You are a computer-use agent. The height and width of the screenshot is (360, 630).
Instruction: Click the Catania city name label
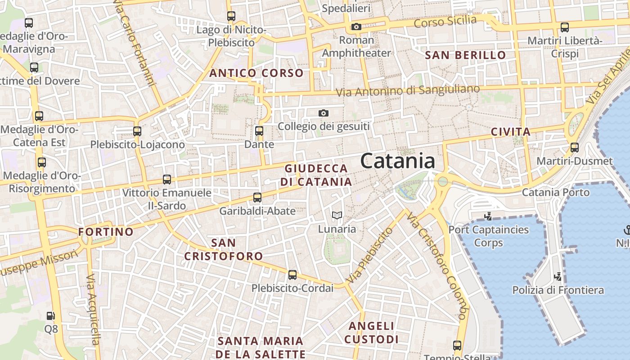[x=398, y=161]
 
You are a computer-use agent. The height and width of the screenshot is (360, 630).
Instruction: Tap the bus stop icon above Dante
[x=259, y=131]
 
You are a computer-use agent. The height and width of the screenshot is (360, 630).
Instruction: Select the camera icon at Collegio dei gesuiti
[x=323, y=113]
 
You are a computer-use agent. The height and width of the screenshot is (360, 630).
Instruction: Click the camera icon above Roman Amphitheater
[x=356, y=27]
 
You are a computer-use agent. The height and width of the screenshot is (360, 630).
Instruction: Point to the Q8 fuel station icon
[x=51, y=316]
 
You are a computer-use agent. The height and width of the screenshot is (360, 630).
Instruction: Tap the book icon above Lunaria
[x=337, y=216]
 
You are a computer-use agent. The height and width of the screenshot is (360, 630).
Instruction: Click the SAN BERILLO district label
[x=466, y=55]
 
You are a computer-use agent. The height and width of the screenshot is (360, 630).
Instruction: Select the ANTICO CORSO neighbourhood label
[x=256, y=73]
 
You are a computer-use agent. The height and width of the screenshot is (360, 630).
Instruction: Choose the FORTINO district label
[x=106, y=232]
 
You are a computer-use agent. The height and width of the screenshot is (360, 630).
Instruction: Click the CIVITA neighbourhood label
[x=510, y=132]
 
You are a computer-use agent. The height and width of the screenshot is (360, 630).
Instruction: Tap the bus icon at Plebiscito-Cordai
[x=292, y=274]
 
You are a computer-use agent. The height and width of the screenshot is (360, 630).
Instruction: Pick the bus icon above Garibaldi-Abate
[x=257, y=198]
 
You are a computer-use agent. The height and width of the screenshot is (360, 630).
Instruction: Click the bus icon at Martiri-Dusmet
[x=574, y=147]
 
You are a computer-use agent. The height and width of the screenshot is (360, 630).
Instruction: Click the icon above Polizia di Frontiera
[x=558, y=276]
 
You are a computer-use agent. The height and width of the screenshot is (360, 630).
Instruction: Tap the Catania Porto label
[x=555, y=193]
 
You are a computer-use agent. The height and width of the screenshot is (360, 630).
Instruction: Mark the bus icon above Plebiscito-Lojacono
[x=137, y=131]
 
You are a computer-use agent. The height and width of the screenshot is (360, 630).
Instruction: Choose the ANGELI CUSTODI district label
[x=372, y=333]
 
